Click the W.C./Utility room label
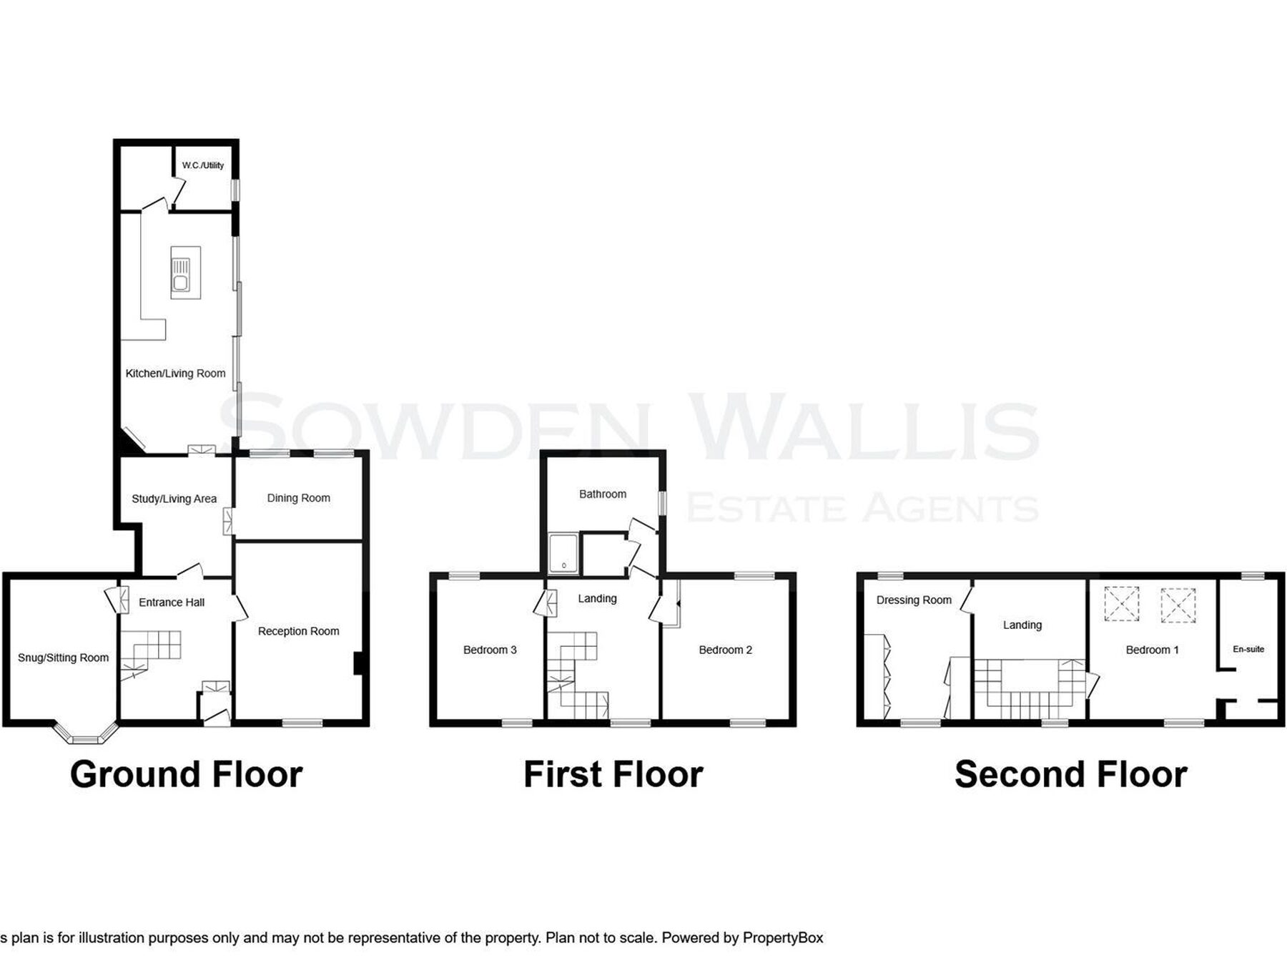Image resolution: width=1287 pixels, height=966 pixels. pyautogui.click(x=203, y=165)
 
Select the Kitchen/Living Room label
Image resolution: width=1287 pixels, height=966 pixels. pyautogui.click(x=175, y=374)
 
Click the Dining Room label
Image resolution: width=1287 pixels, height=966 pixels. pyautogui.click(x=299, y=498)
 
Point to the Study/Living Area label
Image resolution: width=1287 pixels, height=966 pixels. pyautogui.click(x=174, y=499)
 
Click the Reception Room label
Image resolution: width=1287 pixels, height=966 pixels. pyautogui.click(x=298, y=631)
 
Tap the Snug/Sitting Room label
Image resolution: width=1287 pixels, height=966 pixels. pyautogui.click(x=63, y=658)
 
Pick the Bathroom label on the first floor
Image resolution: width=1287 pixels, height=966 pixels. pyautogui.click(x=603, y=494)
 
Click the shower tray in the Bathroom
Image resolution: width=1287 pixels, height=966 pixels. pyautogui.click(x=563, y=553)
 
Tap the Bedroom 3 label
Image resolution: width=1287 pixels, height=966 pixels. pyautogui.click(x=490, y=650)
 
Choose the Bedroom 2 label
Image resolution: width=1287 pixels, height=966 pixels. pyautogui.click(x=725, y=650)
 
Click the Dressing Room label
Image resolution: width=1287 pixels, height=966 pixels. pyautogui.click(x=914, y=600)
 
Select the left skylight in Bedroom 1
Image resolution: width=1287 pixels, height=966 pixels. pyautogui.click(x=1122, y=603)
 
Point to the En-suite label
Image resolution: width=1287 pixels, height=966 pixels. pyautogui.click(x=1248, y=649)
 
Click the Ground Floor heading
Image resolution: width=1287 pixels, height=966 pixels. pyautogui.click(x=186, y=774)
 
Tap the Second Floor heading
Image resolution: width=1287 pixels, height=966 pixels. pyautogui.click(x=1071, y=774)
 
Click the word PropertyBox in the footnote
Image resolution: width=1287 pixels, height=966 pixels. pyautogui.click(x=783, y=938)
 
